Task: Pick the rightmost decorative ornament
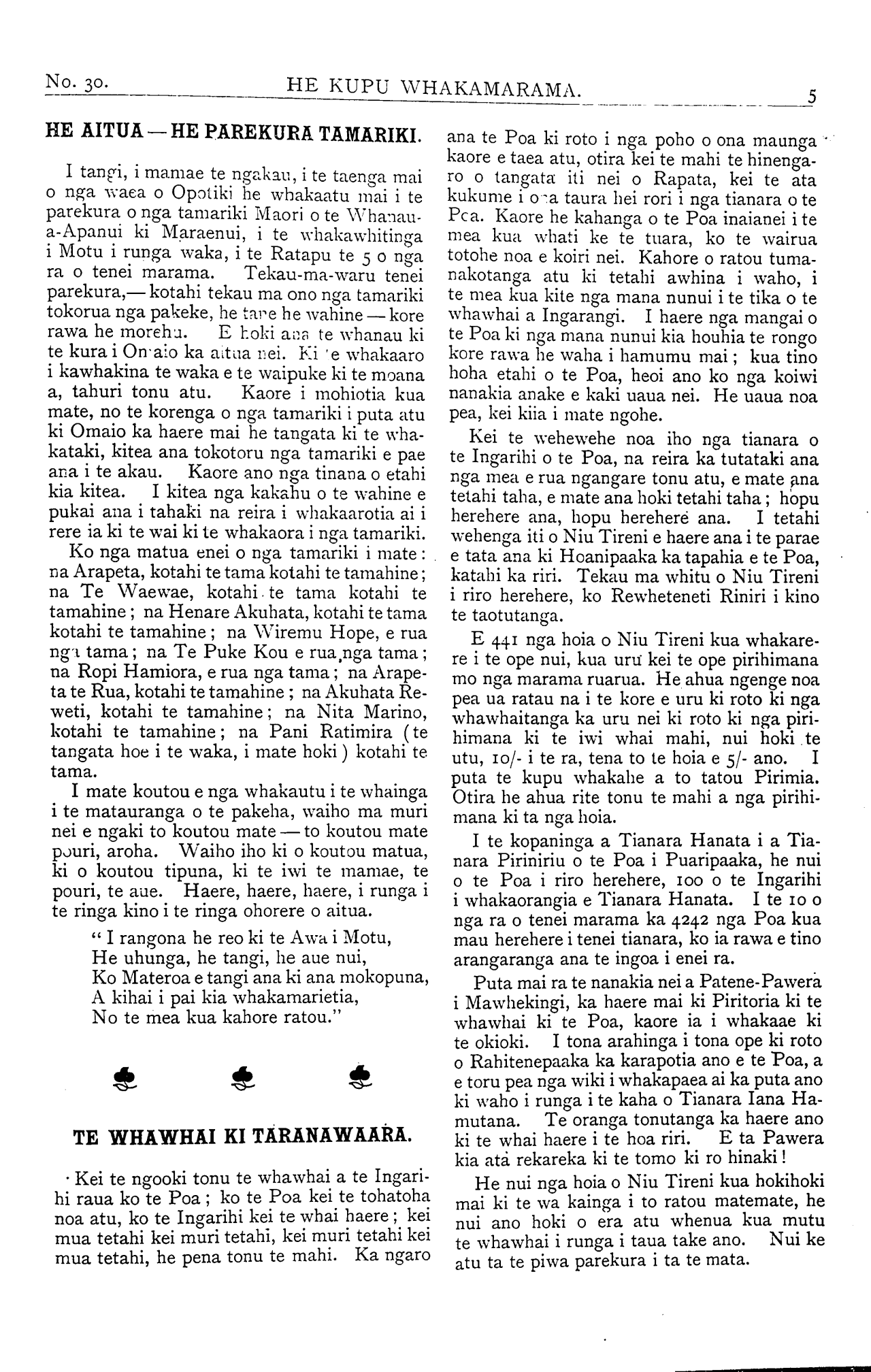[x=357, y=1077]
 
